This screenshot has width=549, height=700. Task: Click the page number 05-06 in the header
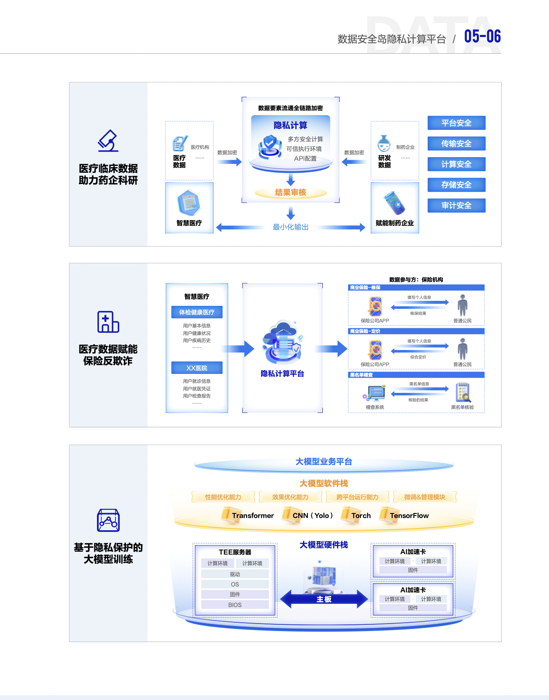[482, 37]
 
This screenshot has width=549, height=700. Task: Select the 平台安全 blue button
[456, 123]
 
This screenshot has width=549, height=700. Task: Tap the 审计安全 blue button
[456, 205]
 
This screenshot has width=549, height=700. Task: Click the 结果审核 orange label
[290, 192]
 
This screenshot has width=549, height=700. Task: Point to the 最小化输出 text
[290, 227]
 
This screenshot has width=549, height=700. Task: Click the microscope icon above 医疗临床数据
[108, 141]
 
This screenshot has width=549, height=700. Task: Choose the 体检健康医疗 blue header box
[197, 312]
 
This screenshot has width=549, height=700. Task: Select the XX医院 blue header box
[197, 368]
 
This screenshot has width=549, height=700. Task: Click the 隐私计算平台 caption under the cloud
[282, 374]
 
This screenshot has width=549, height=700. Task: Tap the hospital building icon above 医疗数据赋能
[108, 322]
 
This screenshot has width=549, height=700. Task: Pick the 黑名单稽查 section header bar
[416, 375]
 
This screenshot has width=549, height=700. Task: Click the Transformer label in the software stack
[253, 516]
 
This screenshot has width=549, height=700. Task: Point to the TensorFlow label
[409, 516]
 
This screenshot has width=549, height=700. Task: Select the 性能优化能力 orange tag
[223, 497]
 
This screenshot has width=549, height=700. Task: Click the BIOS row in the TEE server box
[235, 605]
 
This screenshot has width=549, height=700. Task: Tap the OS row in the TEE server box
[235, 584]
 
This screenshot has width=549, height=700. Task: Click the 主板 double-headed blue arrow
[324, 599]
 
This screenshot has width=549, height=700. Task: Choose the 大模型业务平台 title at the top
[324, 462]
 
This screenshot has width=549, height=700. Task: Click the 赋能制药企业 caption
[395, 223]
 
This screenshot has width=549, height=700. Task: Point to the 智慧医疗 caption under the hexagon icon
[189, 223]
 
